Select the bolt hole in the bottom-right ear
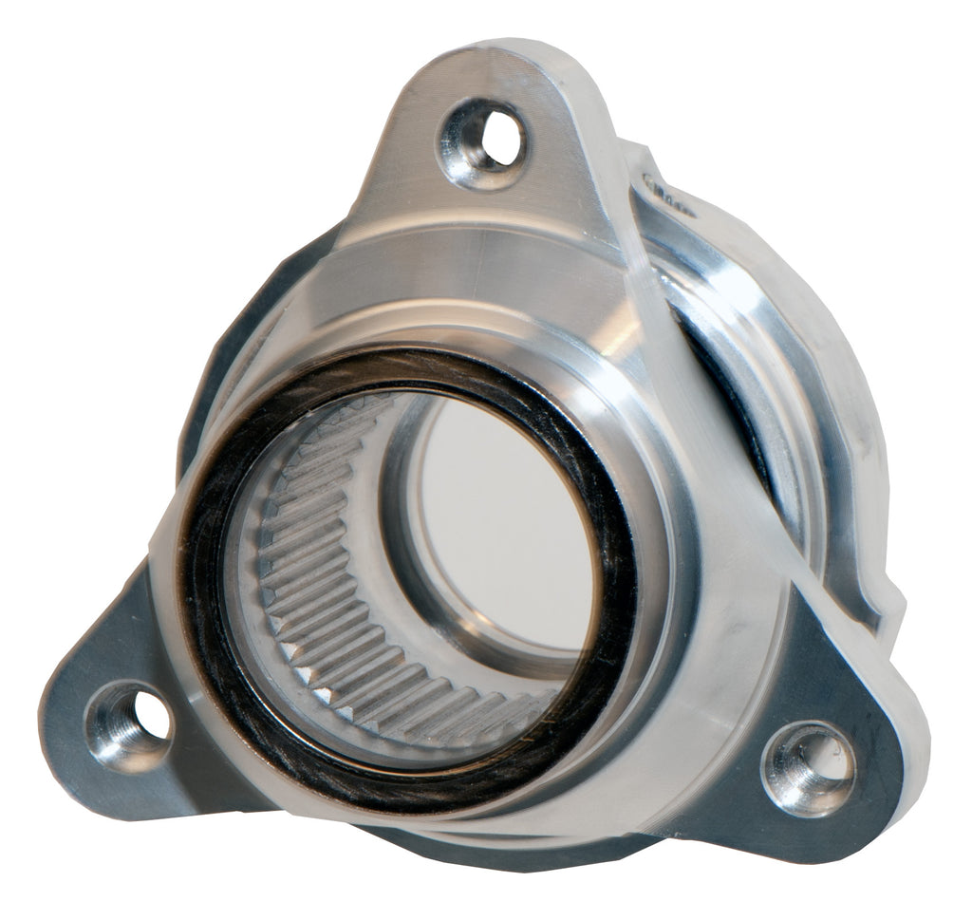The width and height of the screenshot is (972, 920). pyautogui.click(x=810, y=767)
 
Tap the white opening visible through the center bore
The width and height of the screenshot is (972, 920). pyautogui.click(x=503, y=532)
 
